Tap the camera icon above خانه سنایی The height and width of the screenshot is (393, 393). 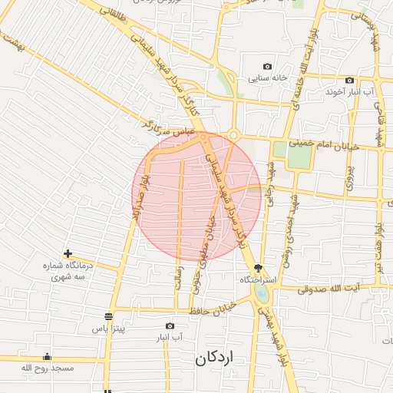tap(267, 67)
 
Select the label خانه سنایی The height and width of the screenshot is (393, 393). tap(267, 78)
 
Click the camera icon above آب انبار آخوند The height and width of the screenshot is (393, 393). tap(349, 81)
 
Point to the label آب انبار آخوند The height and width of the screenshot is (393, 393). tap(349, 92)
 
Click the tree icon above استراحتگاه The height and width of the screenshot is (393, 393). tap(258, 269)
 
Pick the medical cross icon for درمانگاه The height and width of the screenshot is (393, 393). tap(68, 253)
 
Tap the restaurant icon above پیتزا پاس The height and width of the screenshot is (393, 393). tap(108, 316)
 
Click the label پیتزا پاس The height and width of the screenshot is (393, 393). tap(108, 329)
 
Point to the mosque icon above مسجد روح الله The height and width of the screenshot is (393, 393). tap(47, 356)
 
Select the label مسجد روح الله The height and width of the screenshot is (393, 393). tap(47, 368)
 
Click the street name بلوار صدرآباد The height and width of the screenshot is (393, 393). tap(137, 196)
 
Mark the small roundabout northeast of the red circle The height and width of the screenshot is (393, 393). tap(233, 136)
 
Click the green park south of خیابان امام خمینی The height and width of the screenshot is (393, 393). tap(300, 156)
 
